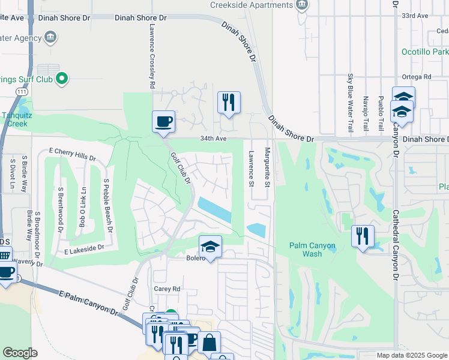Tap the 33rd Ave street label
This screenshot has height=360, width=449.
(432, 15)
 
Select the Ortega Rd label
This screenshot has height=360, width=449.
(417, 77)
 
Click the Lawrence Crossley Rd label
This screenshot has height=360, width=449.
(152, 57)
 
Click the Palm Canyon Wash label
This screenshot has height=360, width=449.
(314, 250)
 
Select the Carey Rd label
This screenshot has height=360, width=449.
(167, 289)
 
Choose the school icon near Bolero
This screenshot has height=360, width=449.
(211, 247)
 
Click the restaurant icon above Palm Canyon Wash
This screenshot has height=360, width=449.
(363, 236)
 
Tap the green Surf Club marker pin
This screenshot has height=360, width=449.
(61, 78)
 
